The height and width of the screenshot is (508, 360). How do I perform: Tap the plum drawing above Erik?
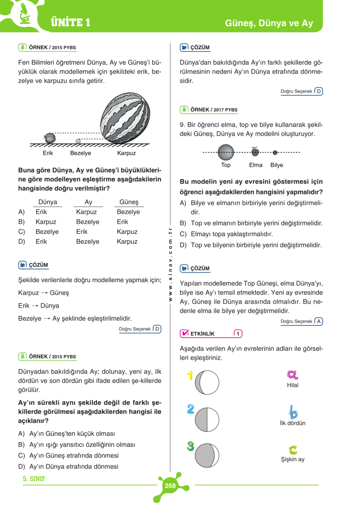(49, 138)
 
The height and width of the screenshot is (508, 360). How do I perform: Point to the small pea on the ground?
(78, 141)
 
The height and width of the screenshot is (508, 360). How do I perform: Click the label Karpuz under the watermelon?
(126, 153)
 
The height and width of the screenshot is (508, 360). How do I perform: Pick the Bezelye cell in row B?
(87, 222)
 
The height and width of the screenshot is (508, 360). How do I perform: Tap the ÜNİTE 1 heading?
(71, 23)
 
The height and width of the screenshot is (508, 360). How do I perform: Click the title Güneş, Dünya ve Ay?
(269, 23)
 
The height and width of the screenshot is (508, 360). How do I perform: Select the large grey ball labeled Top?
(226, 152)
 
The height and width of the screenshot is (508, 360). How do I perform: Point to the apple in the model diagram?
(255, 151)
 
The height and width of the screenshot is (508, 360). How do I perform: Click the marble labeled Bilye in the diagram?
(275, 152)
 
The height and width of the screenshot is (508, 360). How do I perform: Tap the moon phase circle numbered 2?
(207, 419)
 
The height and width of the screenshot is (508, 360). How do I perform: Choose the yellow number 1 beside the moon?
(190, 375)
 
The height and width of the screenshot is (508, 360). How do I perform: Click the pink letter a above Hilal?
(293, 375)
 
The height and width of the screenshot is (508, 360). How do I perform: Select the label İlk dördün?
(293, 423)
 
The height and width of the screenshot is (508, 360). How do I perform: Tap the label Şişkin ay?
(293, 460)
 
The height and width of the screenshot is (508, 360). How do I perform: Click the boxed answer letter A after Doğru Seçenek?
(318, 321)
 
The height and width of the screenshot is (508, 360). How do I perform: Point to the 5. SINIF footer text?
(34, 479)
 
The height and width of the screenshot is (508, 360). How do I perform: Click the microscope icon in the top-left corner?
(25, 13)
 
